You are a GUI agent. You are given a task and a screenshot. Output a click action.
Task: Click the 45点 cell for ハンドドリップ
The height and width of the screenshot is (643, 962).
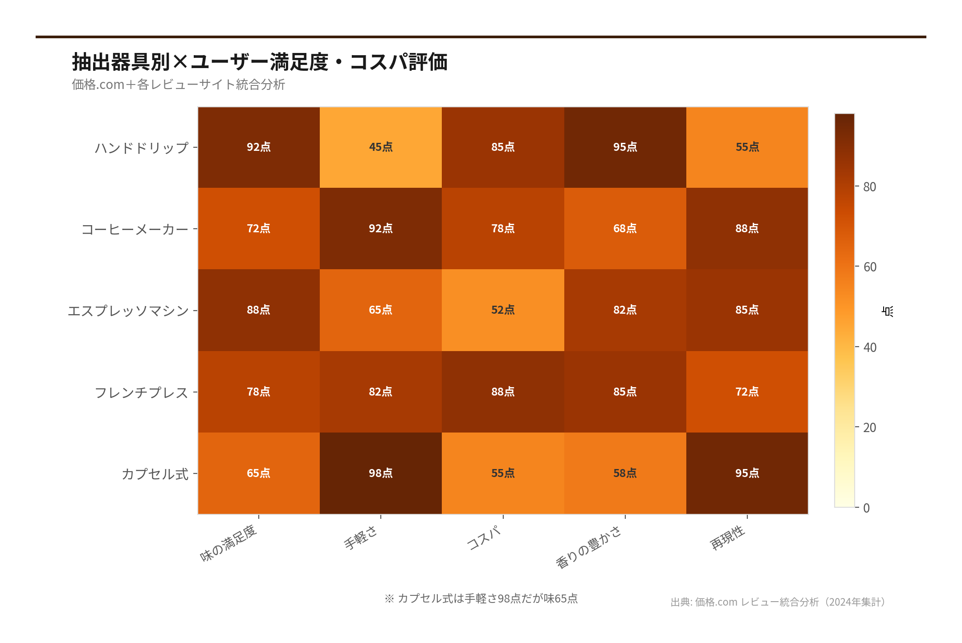(381, 147)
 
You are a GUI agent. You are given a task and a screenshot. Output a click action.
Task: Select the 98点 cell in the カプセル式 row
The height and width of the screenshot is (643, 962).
(381, 473)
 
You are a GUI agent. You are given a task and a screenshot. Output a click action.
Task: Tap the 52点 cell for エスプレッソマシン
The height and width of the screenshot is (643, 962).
(503, 310)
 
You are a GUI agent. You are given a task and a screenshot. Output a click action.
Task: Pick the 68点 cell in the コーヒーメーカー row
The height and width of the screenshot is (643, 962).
(625, 228)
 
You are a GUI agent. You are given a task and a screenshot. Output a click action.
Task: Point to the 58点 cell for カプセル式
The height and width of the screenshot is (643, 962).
(625, 473)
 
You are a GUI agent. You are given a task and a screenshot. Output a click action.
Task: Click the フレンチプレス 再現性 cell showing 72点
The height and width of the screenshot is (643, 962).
(747, 392)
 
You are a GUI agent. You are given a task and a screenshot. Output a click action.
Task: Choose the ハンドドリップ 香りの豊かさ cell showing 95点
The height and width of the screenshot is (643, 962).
(625, 147)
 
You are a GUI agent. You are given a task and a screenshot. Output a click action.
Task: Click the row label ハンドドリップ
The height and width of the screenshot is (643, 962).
(142, 148)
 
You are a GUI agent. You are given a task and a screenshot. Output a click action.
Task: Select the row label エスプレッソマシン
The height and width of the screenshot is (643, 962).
(128, 311)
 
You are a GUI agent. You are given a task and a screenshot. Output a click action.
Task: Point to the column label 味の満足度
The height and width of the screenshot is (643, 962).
(228, 543)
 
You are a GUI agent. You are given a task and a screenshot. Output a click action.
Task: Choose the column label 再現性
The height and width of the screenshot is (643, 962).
(727, 537)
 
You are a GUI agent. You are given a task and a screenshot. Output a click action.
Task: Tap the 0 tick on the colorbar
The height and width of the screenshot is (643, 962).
(866, 508)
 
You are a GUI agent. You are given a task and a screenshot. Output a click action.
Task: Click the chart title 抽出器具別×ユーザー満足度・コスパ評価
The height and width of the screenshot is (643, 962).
(260, 62)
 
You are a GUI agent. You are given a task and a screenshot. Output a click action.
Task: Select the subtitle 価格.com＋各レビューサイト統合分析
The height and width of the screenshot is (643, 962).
(178, 85)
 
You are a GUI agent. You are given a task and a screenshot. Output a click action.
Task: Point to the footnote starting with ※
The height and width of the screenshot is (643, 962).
(481, 599)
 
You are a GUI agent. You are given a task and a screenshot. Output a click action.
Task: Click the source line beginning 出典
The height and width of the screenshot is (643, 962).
(778, 602)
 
